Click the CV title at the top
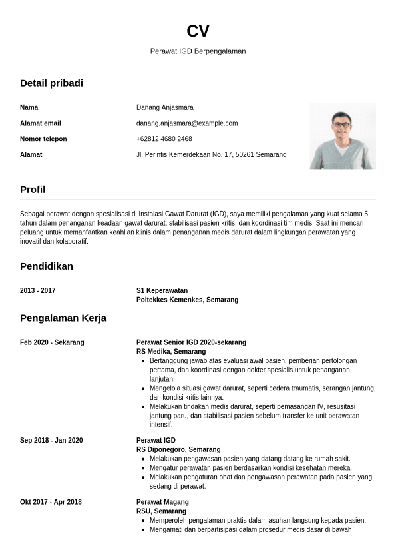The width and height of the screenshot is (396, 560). click(198, 31)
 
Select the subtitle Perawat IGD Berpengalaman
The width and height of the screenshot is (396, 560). click(198, 51)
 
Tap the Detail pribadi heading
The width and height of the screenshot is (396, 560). click(51, 83)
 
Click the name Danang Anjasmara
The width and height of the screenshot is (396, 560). click(164, 107)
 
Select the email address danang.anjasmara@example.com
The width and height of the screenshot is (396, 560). click(187, 123)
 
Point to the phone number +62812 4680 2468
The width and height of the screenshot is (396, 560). click(164, 139)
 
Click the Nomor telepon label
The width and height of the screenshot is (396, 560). click(43, 139)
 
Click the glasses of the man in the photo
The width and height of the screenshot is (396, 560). click(342, 125)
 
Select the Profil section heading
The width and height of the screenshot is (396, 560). click(33, 190)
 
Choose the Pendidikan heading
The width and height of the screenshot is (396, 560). click(47, 266)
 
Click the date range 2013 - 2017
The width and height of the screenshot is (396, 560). click(38, 291)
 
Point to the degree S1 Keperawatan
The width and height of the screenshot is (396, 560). click(162, 291)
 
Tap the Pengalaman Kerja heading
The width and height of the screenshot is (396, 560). click(63, 318)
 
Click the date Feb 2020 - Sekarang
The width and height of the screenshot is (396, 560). click(52, 342)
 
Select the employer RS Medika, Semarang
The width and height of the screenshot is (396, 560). click(171, 352)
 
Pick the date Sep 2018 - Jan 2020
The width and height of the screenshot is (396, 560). click(51, 441)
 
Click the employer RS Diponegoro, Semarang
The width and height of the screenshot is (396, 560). click(178, 450)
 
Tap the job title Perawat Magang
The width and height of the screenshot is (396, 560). click(162, 502)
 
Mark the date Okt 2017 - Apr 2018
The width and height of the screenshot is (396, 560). click(51, 502)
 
